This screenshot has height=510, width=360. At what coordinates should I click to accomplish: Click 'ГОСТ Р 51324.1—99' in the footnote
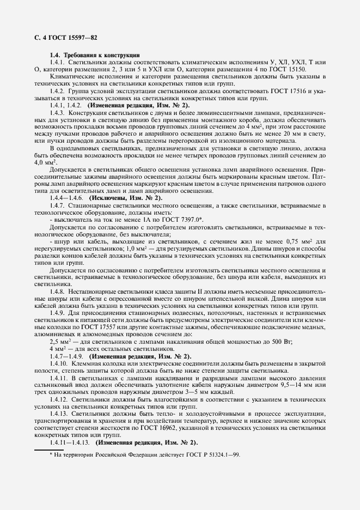[x=213, y=453]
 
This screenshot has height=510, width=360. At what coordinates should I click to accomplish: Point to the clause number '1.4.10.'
[x=59, y=363]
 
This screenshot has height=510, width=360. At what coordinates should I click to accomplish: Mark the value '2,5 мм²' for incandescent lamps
[x=62, y=341]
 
